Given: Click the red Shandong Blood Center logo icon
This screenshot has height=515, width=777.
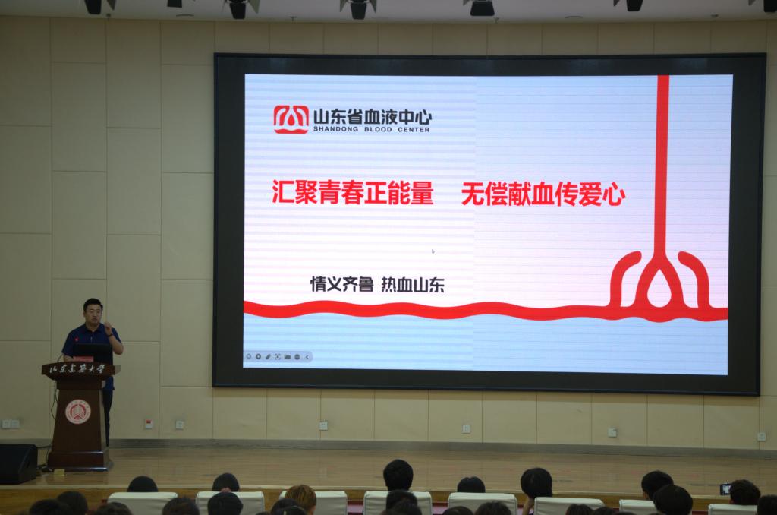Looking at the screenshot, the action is click(x=291, y=119).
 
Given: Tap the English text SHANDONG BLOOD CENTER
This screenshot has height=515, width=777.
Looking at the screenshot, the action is click(x=371, y=129).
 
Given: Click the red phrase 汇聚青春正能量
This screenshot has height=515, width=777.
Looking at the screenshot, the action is click(x=353, y=192).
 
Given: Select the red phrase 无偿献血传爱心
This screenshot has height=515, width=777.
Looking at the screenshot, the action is click(x=543, y=194).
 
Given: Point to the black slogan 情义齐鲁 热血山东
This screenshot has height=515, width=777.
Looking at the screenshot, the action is click(x=377, y=284).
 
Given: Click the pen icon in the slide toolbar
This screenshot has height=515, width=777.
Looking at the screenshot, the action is click(x=268, y=357).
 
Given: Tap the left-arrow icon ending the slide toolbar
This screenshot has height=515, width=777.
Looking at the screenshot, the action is click(x=307, y=357).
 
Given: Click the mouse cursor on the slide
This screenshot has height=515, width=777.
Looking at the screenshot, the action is click(x=433, y=251).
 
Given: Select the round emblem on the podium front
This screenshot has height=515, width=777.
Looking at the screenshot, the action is click(x=78, y=411).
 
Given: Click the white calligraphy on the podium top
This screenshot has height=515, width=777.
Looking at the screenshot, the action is click(x=77, y=368).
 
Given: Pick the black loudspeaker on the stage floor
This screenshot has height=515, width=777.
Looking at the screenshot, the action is click(x=18, y=463).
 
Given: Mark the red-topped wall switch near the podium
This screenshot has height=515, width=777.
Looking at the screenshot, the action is click(x=149, y=423).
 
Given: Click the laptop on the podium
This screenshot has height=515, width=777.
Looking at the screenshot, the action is click(x=93, y=352).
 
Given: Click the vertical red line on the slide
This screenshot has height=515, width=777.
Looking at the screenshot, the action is click(x=662, y=164).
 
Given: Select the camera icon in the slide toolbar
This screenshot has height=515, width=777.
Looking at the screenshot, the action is click(x=288, y=357).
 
